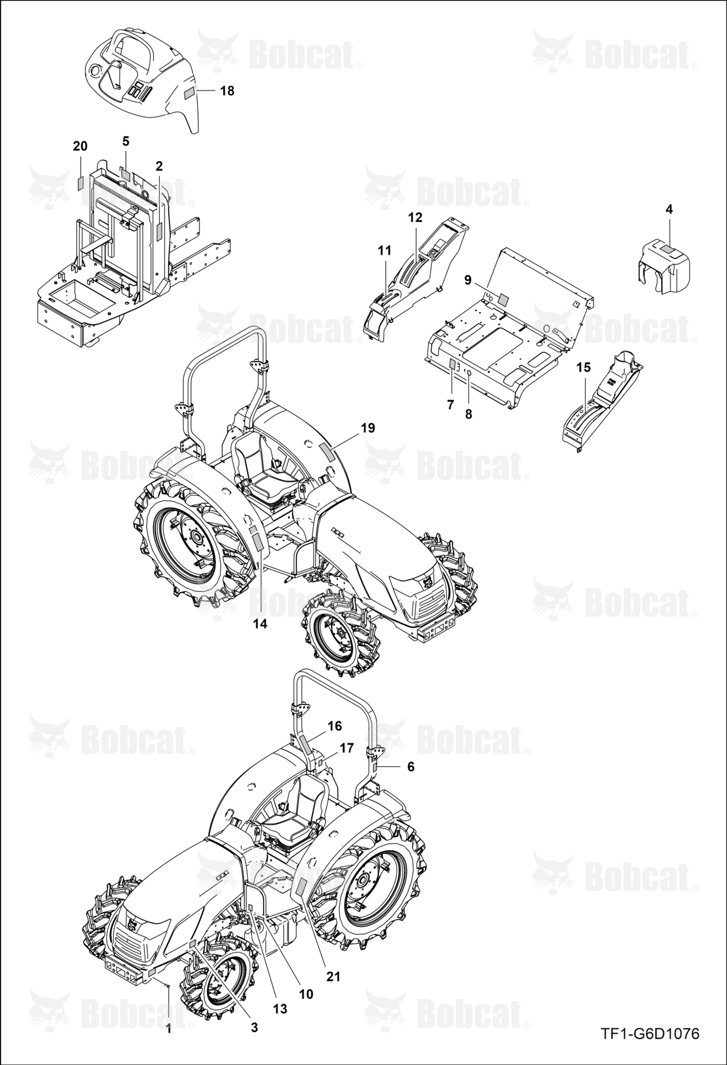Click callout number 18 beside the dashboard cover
coord(227,91)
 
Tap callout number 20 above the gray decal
coord(80,146)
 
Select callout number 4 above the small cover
coord(669,209)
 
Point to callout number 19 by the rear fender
coord(368,428)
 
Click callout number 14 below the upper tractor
coord(260,624)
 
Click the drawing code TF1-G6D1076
coord(650,1034)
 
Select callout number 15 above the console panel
coord(583,367)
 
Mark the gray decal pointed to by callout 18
coord(190,92)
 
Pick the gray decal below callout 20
coord(80,183)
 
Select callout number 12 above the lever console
coord(415,217)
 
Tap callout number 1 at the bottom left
coord(168,1029)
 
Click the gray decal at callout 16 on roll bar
coord(307,744)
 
